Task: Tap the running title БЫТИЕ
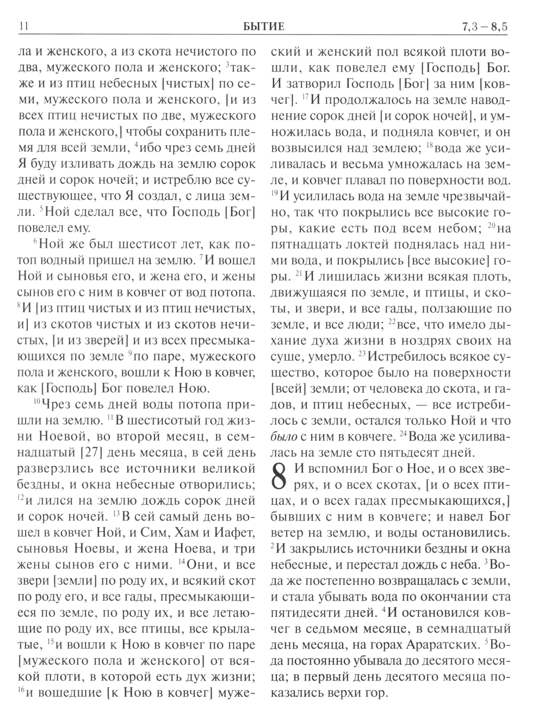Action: pyautogui.click(x=264, y=26)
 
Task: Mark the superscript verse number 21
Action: pyautogui.click(x=298, y=273)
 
